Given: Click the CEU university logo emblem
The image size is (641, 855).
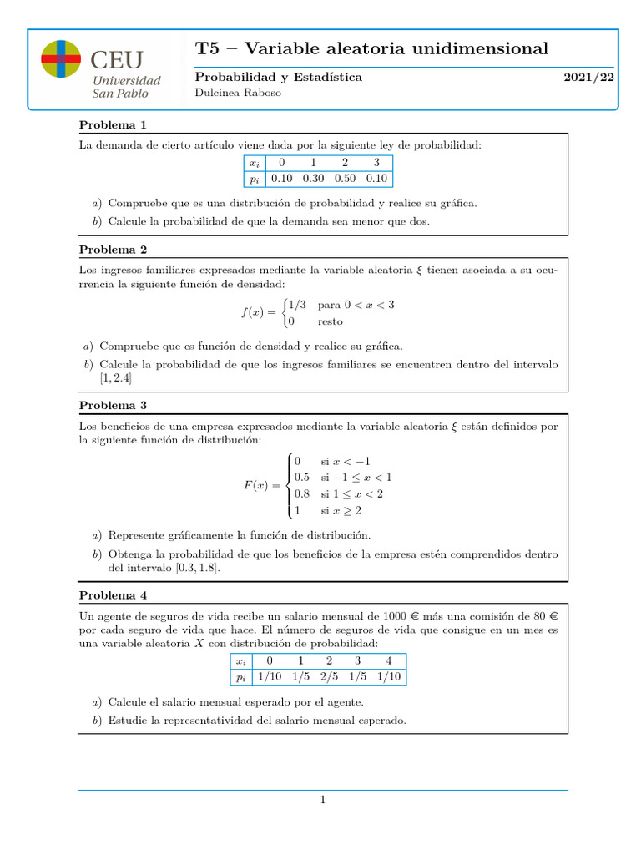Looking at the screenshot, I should (x=61, y=60).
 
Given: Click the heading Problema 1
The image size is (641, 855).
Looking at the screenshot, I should (x=113, y=125).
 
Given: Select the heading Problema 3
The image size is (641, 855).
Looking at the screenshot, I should (x=113, y=405).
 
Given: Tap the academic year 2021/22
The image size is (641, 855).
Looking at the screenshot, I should (x=588, y=77).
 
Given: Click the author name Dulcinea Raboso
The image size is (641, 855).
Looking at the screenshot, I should (x=238, y=94).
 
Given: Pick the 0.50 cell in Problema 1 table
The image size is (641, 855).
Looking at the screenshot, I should (x=346, y=178).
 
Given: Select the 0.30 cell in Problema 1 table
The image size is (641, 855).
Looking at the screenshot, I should (x=314, y=178).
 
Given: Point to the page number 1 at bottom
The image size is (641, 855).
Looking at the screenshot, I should (x=322, y=801).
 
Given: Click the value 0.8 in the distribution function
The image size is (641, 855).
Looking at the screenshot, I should (x=302, y=493).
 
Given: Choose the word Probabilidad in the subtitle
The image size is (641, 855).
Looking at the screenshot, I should (x=230, y=77).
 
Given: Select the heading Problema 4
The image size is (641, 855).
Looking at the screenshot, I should (x=113, y=595).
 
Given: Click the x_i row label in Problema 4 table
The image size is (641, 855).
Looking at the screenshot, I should (x=242, y=660).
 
